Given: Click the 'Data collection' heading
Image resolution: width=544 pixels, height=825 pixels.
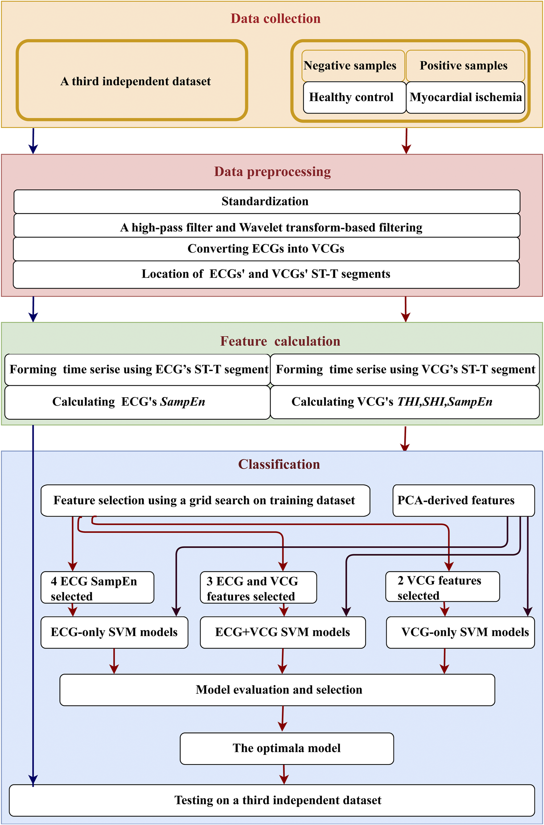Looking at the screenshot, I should coord(276,18).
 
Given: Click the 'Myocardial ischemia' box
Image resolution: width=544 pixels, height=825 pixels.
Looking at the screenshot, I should coord(465,97).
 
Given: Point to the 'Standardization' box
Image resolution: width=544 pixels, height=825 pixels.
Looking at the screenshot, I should coord(267,201).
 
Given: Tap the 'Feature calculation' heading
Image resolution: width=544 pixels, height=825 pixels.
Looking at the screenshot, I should coord(280,341).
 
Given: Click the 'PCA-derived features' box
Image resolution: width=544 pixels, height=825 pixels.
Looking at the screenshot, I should coord(463,500).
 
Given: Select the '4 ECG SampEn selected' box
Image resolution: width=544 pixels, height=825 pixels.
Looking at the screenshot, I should coord(97,588).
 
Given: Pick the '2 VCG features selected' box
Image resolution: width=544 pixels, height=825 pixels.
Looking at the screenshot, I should coord(442,587).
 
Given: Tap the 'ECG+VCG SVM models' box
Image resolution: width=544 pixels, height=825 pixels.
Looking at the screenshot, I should coord(283,632).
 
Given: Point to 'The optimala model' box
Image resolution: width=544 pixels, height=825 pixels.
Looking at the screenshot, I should coord(287,748).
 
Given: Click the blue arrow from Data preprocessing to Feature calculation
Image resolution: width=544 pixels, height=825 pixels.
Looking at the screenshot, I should coord(33,309).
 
